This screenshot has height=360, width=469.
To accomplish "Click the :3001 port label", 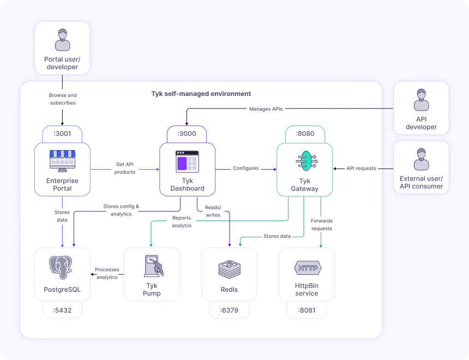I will (x=62, y=134).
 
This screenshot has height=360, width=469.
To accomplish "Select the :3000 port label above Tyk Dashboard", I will (x=187, y=134).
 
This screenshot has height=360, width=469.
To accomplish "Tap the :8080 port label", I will (x=305, y=134).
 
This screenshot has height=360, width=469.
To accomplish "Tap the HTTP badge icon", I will (x=307, y=268).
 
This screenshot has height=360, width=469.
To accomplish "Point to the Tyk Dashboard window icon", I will (x=187, y=161).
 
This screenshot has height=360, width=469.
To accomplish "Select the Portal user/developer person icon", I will (x=62, y=40).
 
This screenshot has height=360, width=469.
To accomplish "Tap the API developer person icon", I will (x=421, y=100).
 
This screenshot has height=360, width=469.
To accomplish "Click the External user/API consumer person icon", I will (x=421, y=159).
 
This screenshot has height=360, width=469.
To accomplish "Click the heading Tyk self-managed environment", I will (x=201, y=94).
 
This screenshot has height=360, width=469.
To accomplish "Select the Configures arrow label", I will (x=245, y=169).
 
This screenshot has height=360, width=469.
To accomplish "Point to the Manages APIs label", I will (x=266, y=109).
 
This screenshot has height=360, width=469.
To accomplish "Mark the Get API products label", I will (x=125, y=168).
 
